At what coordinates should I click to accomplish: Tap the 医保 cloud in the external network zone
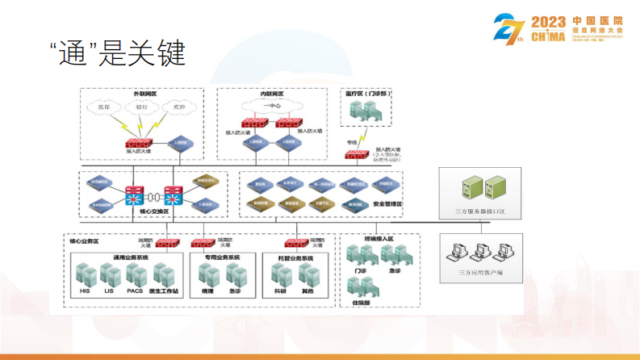click(104, 107)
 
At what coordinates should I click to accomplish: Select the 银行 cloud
click(141, 107)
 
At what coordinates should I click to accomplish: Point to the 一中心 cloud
click(271, 106)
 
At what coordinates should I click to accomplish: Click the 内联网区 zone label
click(271, 94)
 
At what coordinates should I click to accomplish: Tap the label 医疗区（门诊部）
click(368, 94)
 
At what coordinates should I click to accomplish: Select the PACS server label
click(135, 291)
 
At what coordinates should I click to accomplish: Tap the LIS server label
click(109, 291)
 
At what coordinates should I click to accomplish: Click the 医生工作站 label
click(164, 291)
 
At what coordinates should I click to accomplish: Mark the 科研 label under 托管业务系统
click(282, 291)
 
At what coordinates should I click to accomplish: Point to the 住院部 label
click(362, 303)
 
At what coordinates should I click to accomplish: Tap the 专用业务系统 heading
click(220, 257)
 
